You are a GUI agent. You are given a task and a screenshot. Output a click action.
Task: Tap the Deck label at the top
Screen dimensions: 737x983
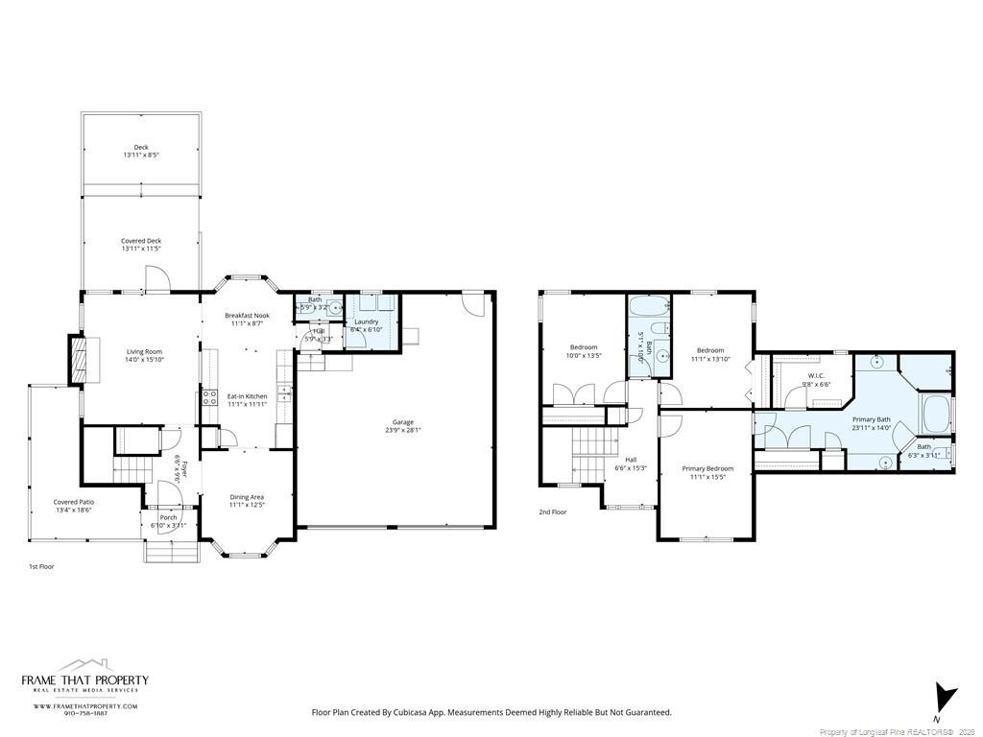click(141, 147)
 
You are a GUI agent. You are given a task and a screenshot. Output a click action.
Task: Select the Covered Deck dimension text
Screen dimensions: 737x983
click(141, 249)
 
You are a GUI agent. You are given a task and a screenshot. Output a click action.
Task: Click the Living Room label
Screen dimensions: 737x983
click(144, 351)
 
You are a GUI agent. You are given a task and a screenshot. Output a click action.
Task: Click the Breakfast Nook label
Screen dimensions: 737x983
click(247, 315)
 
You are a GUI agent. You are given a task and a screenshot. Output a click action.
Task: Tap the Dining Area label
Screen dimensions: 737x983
click(247, 497)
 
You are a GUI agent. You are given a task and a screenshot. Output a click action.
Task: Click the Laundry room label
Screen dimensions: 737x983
click(367, 321)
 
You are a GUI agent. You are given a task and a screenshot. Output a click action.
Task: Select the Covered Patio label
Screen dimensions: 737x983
click(74, 501)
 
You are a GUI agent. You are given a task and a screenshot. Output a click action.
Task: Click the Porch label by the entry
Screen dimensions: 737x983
click(168, 517)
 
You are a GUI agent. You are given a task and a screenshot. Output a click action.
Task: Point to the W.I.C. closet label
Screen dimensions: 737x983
click(816, 375)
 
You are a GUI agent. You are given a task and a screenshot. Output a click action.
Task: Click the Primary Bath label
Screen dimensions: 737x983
click(871, 418)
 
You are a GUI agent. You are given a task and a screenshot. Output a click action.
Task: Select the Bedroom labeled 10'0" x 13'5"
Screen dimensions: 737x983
click(584, 347)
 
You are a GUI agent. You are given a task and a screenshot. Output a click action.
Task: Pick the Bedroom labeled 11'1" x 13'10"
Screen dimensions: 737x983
click(710, 350)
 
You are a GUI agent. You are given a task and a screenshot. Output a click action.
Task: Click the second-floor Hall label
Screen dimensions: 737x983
click(631, 459)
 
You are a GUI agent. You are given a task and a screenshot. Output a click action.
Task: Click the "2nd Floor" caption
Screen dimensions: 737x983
click(552, 512)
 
